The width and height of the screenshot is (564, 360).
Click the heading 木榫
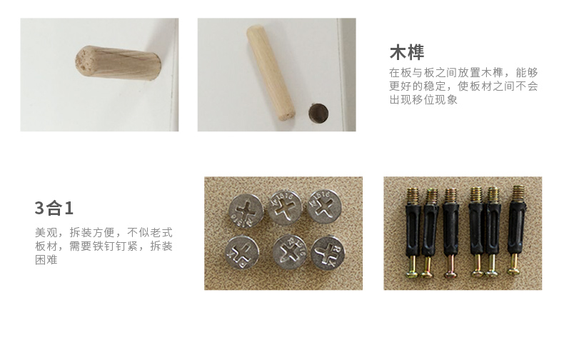point(407,52)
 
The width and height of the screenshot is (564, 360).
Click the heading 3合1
point(54,208)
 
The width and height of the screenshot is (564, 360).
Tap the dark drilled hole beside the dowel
point(318,113)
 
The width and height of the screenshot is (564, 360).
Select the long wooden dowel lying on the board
point(271,72)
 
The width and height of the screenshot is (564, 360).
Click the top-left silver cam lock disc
point(246,211)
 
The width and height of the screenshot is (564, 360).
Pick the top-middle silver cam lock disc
point(286,208)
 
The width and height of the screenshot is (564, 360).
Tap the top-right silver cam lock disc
point(323,206)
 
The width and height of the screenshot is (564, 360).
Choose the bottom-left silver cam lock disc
point(242,252)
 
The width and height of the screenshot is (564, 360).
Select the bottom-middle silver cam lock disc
point(289,251)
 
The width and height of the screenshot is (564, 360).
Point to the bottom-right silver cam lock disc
point(328,253)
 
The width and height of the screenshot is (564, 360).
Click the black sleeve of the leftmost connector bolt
point(413,230)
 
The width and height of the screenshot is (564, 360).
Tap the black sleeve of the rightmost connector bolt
point(516,229)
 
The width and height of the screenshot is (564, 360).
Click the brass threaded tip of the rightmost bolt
point(518,194)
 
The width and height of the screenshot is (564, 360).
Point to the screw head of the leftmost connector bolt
point(413,274)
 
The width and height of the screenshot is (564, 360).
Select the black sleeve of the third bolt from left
point(450,229)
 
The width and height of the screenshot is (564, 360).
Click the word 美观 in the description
point(46,233)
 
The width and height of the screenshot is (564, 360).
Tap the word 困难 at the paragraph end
point(46,260)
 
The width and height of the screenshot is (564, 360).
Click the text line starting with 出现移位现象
point(423,100)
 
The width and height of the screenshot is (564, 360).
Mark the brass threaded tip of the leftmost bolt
point(413,196)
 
